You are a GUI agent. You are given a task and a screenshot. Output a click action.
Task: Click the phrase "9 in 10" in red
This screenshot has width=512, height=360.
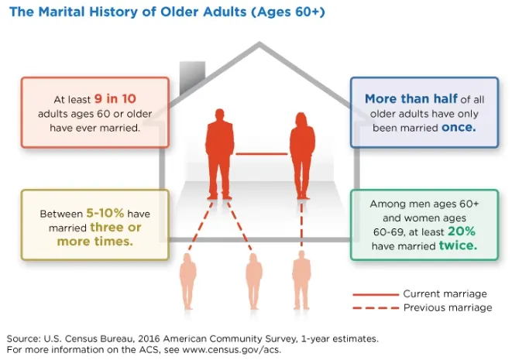click(x=115, y=98)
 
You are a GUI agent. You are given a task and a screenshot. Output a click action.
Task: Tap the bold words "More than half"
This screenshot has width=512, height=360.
click(x=411, y=98)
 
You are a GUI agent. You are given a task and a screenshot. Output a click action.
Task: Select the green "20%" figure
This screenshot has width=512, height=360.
click(x=462, y=231)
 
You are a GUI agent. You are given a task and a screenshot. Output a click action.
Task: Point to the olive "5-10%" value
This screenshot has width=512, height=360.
click(x=105, y=213)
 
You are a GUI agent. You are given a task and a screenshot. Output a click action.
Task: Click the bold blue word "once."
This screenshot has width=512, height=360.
click(x=459, y=127)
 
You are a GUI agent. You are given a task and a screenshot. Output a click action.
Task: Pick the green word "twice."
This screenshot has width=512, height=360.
click(x=458, y=245)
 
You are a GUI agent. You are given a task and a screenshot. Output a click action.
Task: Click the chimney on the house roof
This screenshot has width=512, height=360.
click(x=192, y=77)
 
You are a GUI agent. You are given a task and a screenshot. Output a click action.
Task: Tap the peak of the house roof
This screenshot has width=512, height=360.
click(x=259, y=42)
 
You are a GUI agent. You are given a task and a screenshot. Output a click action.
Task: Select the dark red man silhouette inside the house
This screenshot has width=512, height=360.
click(x=219, y=154)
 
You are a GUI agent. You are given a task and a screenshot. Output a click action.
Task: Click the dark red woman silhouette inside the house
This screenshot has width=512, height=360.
click(x=302, y=156)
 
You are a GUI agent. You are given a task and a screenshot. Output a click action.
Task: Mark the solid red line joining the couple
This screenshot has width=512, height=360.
click(x=262, y=154)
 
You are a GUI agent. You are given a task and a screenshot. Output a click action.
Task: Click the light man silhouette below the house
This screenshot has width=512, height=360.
click(x=301, y=280)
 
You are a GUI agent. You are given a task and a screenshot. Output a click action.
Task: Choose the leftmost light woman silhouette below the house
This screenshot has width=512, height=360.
click(x=187, y=281)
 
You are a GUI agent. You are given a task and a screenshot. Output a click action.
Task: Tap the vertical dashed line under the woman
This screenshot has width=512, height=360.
click(x=301, y=225)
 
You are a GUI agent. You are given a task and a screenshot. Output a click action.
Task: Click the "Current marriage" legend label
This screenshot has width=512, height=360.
click(x=445, y=293)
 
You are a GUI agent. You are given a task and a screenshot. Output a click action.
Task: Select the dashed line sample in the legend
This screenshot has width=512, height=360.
click(x=376, y=308)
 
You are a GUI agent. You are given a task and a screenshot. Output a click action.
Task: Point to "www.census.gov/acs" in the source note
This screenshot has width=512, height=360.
click(x=231, y=350)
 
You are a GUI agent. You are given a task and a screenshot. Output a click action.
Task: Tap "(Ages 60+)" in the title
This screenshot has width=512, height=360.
click(x=288, y=12)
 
